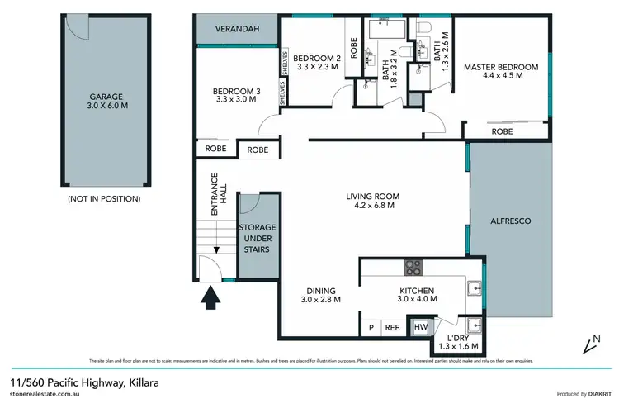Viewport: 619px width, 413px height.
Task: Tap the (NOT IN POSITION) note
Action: (x=102, y=199)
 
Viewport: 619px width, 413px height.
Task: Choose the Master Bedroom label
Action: (x=501, y=72)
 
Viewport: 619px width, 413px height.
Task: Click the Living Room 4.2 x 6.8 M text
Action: (x=369, y=201)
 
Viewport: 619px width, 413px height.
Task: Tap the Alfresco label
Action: (x=509, y=221)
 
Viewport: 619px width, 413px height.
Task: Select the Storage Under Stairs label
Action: (x=257, y=237)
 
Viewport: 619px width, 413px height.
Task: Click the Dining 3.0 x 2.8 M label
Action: (x=321, y=295)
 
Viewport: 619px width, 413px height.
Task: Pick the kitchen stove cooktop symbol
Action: (x=413, y=268)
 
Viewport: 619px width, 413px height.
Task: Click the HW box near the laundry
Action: (x=421, y=328)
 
